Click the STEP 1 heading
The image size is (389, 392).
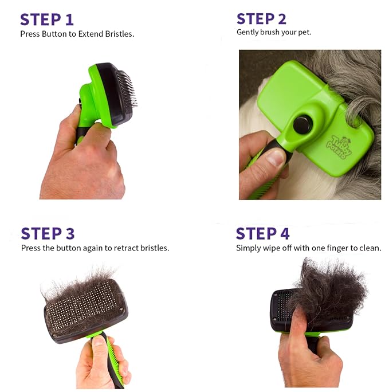pos(46,19)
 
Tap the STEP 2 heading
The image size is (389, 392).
pos(261,18)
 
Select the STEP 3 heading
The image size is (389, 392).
pos(48,233)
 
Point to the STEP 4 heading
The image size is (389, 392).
pos(262,233)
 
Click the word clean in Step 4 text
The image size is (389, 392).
pos(369,248)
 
